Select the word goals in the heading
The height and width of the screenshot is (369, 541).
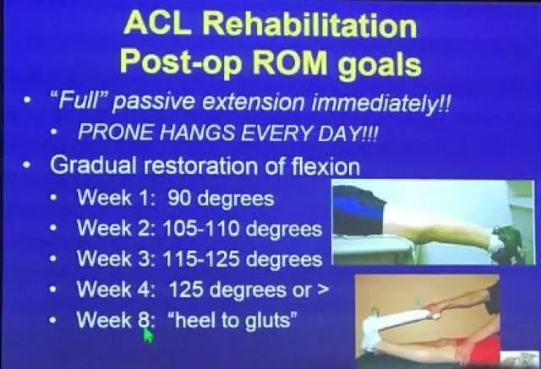379,64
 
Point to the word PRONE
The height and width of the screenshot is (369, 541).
115,132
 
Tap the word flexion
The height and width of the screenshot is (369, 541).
325,166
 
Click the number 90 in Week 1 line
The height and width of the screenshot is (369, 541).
179,198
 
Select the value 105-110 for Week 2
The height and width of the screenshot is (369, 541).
200,229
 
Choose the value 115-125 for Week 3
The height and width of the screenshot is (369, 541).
200,258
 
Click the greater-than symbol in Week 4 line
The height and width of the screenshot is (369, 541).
322,290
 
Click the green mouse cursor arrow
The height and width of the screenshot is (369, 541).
148,334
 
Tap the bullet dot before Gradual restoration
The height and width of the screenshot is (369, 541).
25,166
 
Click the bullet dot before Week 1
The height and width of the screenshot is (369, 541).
52,198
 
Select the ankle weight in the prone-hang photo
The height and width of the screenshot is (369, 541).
508,240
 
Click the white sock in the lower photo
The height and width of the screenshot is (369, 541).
371,328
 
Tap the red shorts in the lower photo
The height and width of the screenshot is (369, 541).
481,348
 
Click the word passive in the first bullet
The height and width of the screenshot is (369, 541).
153,103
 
